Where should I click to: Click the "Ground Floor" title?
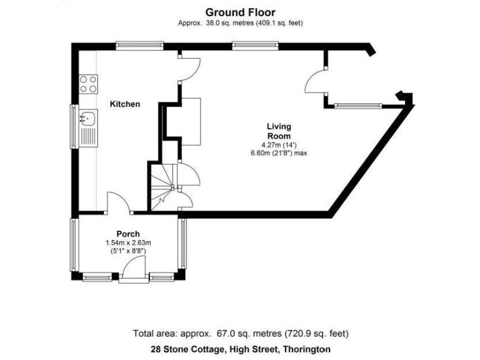(240, 12)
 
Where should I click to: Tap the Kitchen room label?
(125, 104)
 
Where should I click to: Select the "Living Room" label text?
(279, 131)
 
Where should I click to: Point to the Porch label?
(128, 234)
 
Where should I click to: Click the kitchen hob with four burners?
(88, 83)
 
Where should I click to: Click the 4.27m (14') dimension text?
(279, 145)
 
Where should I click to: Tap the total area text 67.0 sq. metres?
(240, 333)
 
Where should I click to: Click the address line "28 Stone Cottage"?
(240, 349)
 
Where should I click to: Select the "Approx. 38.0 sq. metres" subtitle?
(240, 23)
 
